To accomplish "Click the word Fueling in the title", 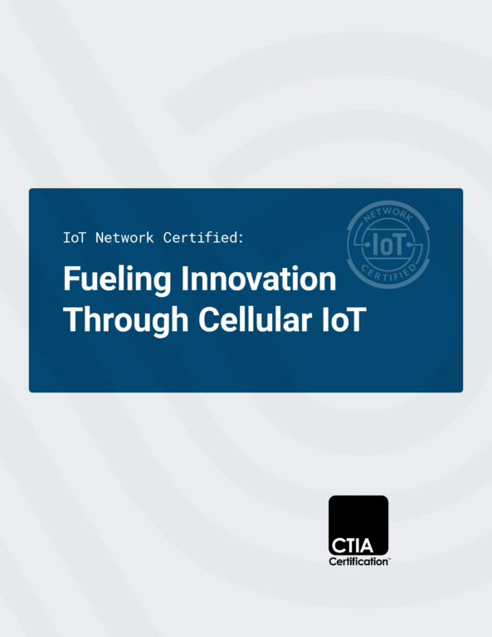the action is click(117, 280).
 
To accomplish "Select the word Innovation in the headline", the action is click(258, 279).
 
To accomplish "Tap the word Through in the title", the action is click(125, 321).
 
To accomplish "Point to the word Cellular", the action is click(256, 319).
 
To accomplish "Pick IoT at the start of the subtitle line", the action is click(75, 238).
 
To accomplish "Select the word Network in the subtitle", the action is click(124, 238).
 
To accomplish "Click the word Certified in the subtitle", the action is click(200, 238).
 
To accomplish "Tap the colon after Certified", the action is click(241, 239).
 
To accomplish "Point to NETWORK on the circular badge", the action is click(388, 213).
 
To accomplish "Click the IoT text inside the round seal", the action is click(388, 245).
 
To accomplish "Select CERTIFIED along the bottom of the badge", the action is click(389, 274).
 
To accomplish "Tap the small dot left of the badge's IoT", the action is click(368, 245).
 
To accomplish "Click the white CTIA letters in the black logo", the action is click(353, 546).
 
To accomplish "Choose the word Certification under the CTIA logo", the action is click(358, 562).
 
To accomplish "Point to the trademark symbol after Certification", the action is click(389, 559).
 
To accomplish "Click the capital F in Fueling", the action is click(71, 279).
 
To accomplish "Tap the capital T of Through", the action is click(71, 319).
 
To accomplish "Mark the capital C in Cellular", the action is click(207, 319).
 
